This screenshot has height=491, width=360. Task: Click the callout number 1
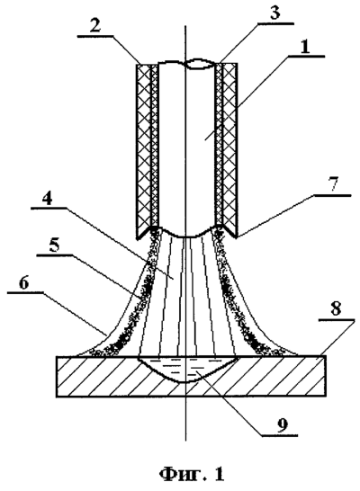click(x=304, y=48)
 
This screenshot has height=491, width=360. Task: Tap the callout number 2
click(x=94, y=25)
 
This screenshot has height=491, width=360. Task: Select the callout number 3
click(x=274, y=13)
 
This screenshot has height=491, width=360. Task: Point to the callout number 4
click(x=47, y=198)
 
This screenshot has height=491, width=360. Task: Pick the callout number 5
click(x=54, y=245)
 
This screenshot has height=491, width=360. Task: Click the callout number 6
click(x=23, y=283)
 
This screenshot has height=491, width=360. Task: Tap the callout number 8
click(x=336, y=309)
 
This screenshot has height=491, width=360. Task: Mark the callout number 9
click(x=282, y=424)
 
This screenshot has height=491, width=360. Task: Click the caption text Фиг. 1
click(x=192, y=473)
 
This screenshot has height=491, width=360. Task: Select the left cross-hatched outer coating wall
click(x=144, y=151)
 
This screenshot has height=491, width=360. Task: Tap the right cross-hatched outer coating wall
click(x=229, y=149)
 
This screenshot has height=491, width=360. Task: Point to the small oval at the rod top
click(x=196, y=64)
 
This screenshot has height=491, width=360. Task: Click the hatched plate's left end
click(x=57, y=377)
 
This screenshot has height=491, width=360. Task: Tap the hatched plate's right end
click(x=325, y=376)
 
